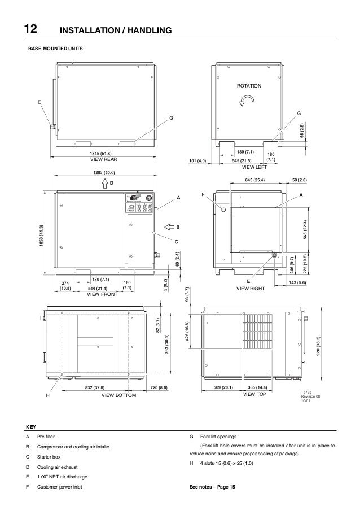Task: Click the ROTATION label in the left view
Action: pyautogui.click(x=249, y=86)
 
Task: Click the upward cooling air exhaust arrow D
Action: pyautogui.click(x=105, y=183)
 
